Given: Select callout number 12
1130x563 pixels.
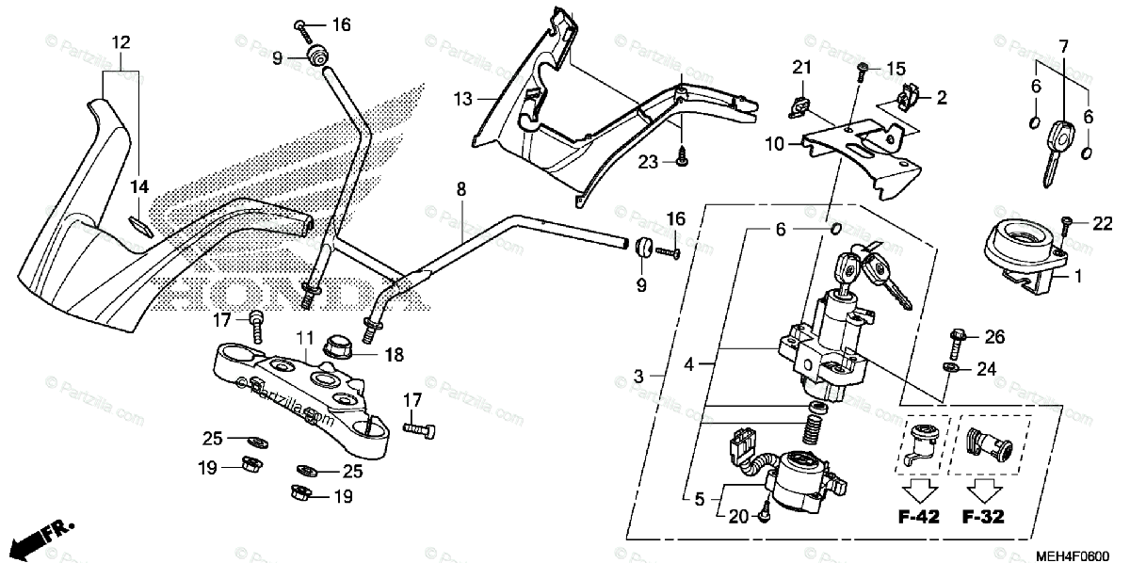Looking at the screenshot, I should (x=121, y=41).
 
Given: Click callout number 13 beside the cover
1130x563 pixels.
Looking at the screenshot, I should (x=460, y=98).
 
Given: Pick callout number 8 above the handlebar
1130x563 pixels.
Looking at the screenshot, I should (x=460, y=189).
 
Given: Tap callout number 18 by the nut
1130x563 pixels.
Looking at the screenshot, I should (x=394, y=354).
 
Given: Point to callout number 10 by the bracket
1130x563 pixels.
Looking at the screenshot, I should (x=774, y=143).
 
